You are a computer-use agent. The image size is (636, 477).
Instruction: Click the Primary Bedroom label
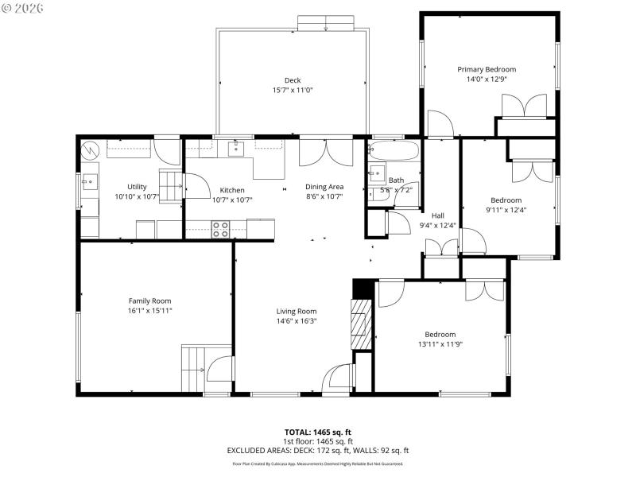click(487, 69)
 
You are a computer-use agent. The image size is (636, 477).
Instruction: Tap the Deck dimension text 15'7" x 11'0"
click(293, 90)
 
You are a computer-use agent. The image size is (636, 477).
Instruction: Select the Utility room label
click(137, 187)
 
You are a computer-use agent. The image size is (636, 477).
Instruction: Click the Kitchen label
click(232, 190)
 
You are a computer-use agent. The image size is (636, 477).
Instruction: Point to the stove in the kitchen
click(220, 229)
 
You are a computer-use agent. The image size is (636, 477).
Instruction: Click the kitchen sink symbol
click(236, 148)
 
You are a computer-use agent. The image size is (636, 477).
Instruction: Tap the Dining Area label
click(324, 187)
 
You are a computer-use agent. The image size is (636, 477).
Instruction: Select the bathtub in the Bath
click(393, 151)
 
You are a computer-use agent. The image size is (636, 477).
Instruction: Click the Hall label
click(438, 215)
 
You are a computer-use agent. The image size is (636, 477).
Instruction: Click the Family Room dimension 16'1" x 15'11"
click(150, 311)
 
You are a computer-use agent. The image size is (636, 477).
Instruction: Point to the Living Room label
click(297, 311)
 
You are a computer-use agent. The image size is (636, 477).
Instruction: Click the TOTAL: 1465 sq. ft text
click(318, 432)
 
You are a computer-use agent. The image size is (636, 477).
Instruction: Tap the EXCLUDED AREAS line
click(318, 450)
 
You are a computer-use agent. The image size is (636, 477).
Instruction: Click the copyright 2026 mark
click(24, 8)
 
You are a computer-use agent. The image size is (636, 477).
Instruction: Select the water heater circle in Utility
click(91, 149)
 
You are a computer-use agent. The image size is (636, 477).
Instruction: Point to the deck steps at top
click(327, 24)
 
